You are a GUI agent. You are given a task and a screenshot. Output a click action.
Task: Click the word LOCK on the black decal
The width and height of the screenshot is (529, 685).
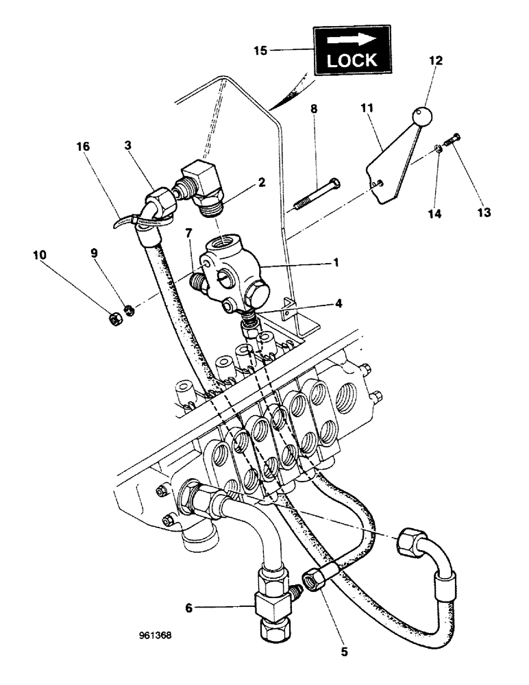click(x=352, y=60)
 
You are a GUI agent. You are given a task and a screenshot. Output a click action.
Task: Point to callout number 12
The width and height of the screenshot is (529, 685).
click(x=434, y=61)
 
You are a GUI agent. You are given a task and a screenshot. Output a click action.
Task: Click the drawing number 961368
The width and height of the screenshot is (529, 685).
click(x=155, y=635)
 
